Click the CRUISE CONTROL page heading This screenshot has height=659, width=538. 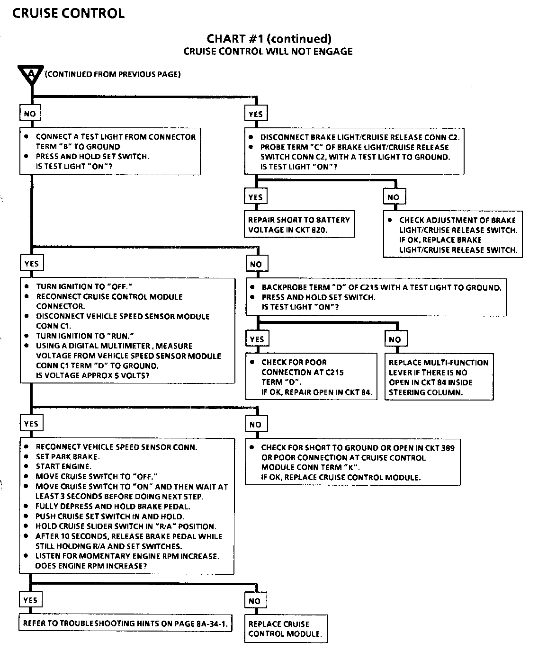(x=68, y=14)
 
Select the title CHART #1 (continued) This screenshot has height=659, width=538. (x=269, y=39)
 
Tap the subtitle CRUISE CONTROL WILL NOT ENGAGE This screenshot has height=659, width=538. (x=268, y=52)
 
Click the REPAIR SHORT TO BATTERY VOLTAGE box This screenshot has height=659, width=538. (x=299, y=225)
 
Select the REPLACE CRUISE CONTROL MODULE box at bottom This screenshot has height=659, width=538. (x=285, y=629)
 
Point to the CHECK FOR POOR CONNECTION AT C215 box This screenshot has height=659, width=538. (x=311, y=377)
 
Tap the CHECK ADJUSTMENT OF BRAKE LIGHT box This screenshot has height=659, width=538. (x=453, y=235)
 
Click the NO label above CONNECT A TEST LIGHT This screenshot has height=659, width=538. (x=30, y=114)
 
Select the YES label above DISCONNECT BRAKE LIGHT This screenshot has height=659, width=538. (x=255, y=114)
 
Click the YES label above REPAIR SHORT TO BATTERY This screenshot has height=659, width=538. (x=255, y=197)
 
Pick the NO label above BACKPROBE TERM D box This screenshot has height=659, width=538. (x=256, y=264)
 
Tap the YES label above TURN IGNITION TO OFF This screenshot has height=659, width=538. (x=31, y=263)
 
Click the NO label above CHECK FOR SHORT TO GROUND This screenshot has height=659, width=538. (x=255, y=424)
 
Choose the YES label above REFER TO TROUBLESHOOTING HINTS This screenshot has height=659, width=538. (x=30, y=600)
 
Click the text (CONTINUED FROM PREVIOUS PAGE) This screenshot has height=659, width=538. (x=113, y=74)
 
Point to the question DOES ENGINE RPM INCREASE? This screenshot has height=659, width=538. (x=91, y=566)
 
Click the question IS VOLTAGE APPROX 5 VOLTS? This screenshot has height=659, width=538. (x=93, y=376)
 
